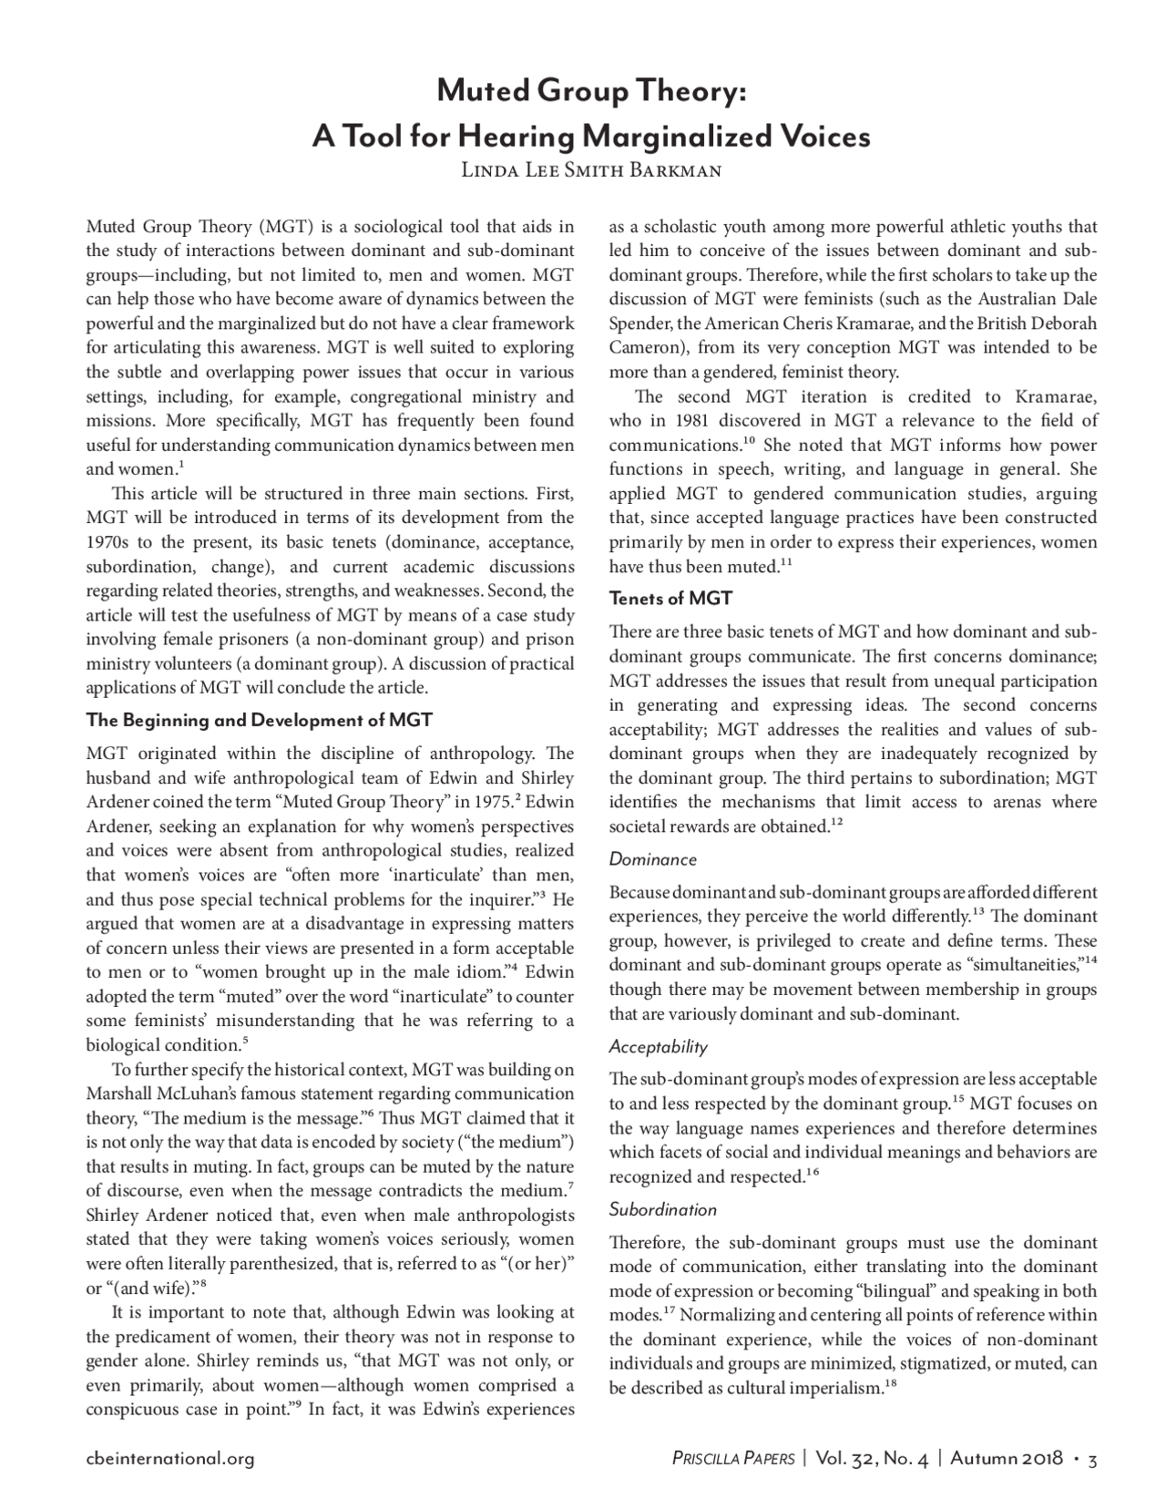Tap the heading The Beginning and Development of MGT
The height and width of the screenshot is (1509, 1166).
click(259, 720)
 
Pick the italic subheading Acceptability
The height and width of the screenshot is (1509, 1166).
click(658, 1047)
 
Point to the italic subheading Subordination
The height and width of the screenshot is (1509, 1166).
click(662, 1210)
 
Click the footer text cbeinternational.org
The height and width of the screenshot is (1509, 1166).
click(169, 1459)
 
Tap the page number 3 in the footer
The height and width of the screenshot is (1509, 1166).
click(1092, 1459)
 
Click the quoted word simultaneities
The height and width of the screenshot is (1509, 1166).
click(1025, 964)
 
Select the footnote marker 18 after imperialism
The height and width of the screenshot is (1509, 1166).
click(891, 1385)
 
